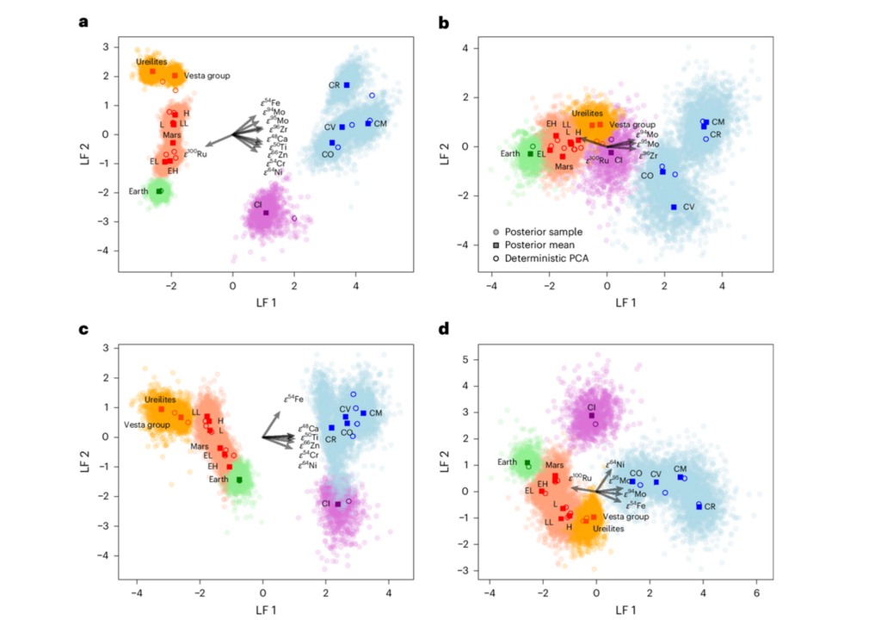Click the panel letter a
[83, 23]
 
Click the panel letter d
[443, 328]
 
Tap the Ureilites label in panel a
[151, 62]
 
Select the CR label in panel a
[334, 85]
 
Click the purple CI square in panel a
[266, 213]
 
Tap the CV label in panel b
[688, 208]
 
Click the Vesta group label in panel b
[638, 125]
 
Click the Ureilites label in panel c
[160, 400]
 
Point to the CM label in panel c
[375, 413]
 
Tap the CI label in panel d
[591, 407]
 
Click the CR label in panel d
[710, 507]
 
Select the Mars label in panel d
[555, 466]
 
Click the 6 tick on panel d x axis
[756, 594]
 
